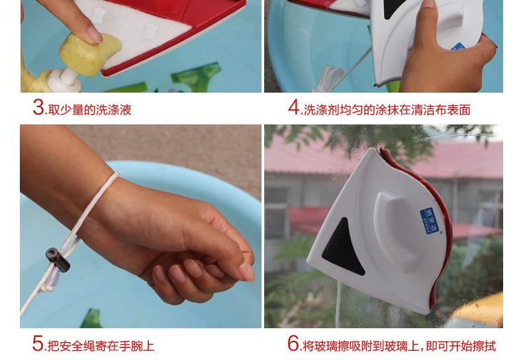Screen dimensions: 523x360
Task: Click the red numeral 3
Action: [x=38, y=107]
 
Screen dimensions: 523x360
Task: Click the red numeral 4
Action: [x=294, y=107]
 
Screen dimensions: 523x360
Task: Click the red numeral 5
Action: [x=38, y=343]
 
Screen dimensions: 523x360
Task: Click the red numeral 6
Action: [x=293, y=343]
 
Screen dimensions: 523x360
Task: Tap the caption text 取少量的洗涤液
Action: [x=90, y=110]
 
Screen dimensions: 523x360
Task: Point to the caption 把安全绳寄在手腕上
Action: [x=101, y=345]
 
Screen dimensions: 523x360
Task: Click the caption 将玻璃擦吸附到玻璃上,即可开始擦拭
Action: [x=400, y=345]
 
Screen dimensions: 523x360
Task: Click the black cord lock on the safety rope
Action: [x=58, y=260]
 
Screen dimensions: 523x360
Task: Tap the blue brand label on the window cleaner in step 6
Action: [x=430, y=220]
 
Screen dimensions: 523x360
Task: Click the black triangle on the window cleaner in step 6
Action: [x=343, y=247]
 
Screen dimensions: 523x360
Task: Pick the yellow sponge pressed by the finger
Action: [x=89, y=54]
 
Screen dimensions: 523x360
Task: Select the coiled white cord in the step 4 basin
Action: [x=328, y=78]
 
